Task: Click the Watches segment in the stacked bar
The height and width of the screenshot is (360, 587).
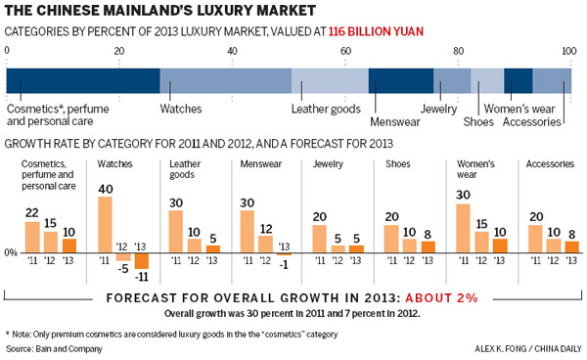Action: coord(225,80)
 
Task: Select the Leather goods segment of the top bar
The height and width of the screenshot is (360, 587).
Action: coord(330,80)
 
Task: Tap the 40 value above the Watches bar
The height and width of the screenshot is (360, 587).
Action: coord(105,188)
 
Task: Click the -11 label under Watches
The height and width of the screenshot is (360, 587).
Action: coord(140,277)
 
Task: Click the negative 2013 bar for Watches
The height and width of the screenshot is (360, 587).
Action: coord(140,261)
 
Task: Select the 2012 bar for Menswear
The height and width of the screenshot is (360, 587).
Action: coord(265,244)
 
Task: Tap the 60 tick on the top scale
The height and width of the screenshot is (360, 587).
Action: coord(345,51)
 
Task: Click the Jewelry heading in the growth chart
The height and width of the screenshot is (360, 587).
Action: coord(327,163)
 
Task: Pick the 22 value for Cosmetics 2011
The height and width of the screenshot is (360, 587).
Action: coord(33,212)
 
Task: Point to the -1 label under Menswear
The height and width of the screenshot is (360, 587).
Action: coord(284,263)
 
